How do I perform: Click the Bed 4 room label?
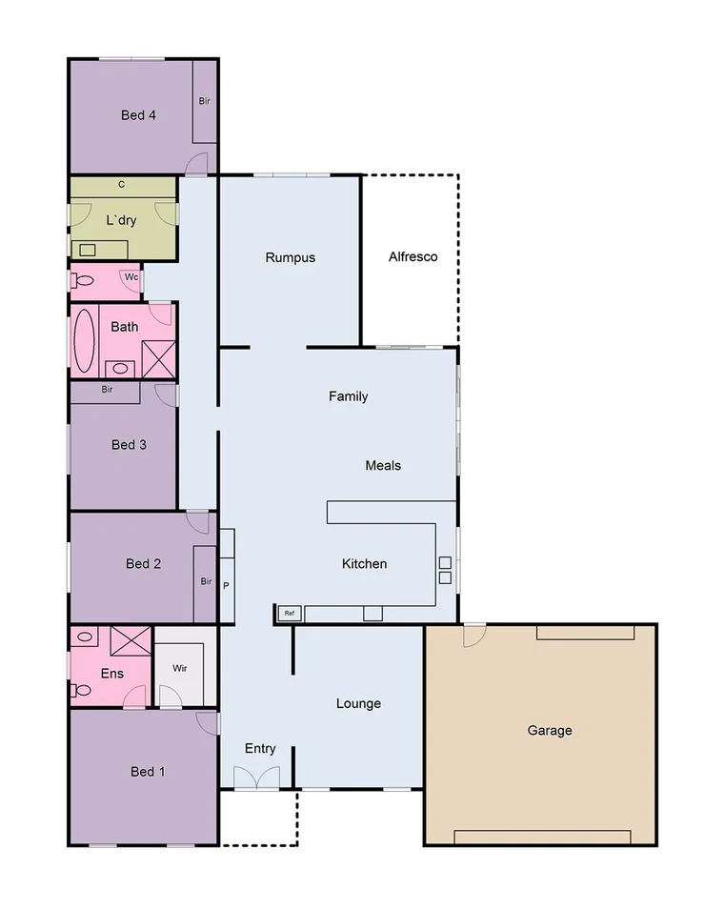(x=138, y=115)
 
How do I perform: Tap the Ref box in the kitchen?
(x=289, y=613)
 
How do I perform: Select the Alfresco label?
(x=412, y=256)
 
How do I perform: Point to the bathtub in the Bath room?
(x=84, y=341)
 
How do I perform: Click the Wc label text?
(x=130, y=277)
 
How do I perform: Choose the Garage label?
(x=550, y=731)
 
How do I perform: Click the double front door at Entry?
(x=257, y=779)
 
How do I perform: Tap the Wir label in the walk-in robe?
(x=180, y=668)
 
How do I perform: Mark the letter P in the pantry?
(x=226, y=586)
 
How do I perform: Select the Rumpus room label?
(x=290, y=257)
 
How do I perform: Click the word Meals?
(x=383, y=466)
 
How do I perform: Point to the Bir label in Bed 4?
(x=204, y=101)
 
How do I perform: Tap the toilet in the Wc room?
(x=82, y=281)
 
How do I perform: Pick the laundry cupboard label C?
(x=121, y=184)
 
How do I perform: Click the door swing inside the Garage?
(x=473, y=636)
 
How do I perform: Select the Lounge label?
(x=358, y=704)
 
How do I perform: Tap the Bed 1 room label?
(x=148, y=772)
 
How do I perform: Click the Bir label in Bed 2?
(x=206, y=581)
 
